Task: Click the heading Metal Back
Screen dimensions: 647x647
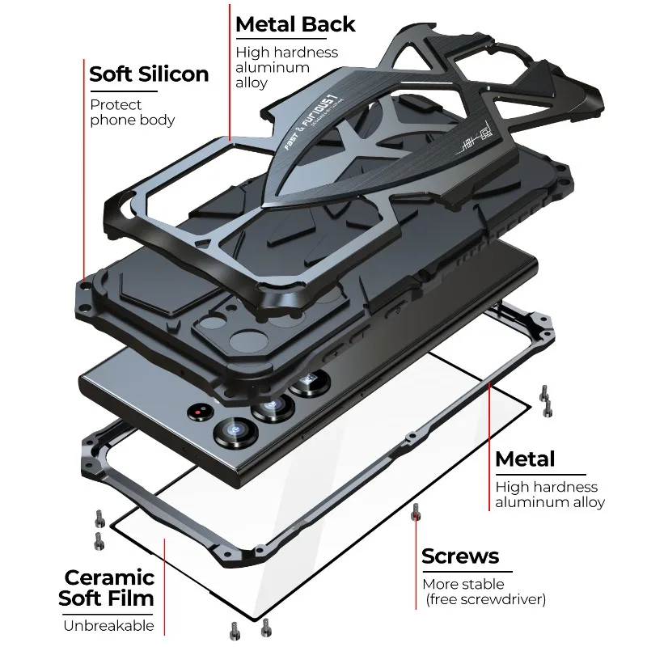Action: point(295,24)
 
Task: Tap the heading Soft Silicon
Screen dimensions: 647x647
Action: point(149,74)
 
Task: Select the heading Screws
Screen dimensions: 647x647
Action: point(460,556)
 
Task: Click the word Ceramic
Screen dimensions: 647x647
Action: point(109,577)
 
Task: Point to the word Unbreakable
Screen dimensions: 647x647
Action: point(108,624)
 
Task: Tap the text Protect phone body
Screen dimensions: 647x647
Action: point(132,112)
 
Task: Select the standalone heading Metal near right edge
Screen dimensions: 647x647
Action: point(525,459)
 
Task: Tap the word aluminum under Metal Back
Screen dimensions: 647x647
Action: point(273,68)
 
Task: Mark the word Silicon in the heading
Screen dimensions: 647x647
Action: point(173,74)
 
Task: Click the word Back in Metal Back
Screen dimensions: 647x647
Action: point(328,24)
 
